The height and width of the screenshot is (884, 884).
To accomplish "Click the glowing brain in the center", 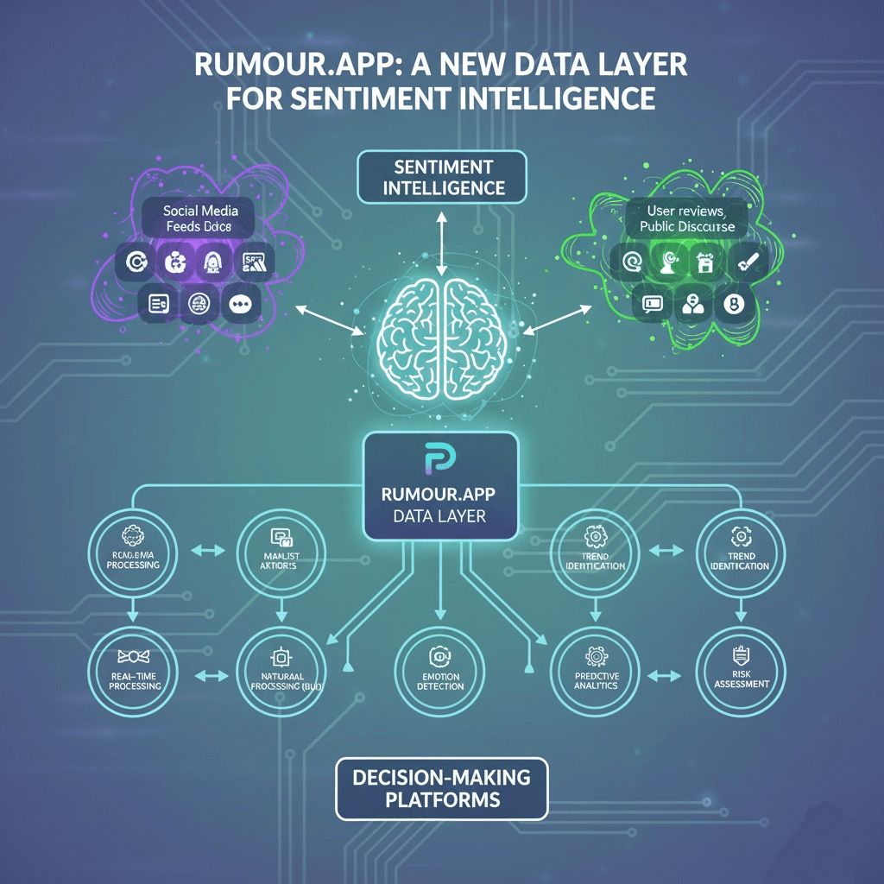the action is point(442,338).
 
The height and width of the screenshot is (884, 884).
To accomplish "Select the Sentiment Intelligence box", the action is point(442,176).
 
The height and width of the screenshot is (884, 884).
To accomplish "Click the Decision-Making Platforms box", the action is point(442,788).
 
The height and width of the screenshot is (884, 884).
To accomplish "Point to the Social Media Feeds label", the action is point(200,218).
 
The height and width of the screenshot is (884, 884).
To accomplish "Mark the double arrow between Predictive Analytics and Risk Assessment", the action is point(664,675).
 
